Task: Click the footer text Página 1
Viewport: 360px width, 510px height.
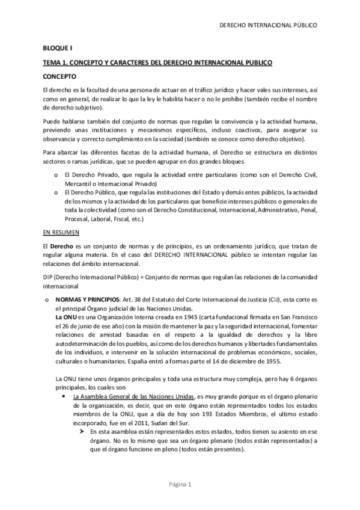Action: tap(179, 484)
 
